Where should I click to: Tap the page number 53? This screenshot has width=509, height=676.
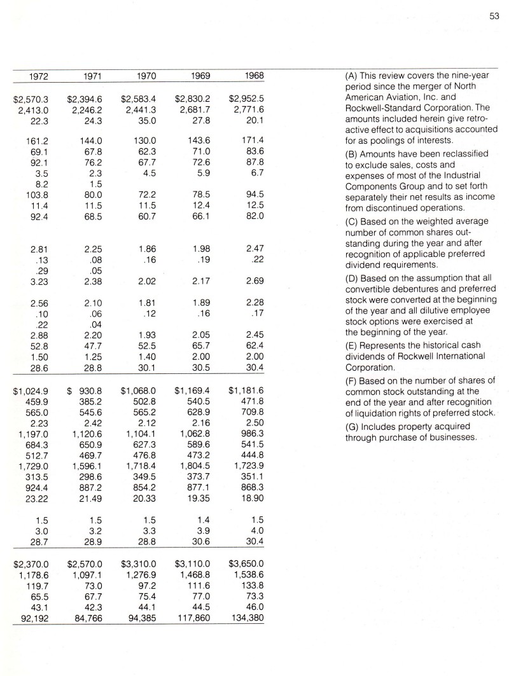coord(493,17)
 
